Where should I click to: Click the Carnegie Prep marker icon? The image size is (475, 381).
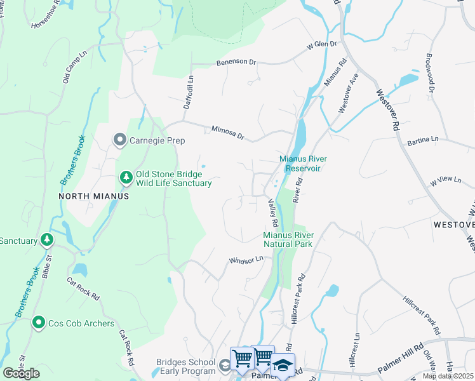click(119, 140)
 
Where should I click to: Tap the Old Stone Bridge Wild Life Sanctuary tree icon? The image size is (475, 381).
click(126, 178)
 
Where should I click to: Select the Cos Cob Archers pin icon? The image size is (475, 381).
click(39, 323)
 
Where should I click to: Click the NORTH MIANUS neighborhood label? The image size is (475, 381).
click(93, 196)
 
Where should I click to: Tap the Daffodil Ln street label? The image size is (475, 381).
click(188, 92)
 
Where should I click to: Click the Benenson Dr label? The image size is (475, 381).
click(236, 63)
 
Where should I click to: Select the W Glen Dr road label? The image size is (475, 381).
click(321, 45)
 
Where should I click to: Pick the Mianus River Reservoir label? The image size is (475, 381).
click(300, 163)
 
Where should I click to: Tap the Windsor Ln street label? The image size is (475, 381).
click(246, 260)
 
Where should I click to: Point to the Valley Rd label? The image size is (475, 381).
click(273, 212)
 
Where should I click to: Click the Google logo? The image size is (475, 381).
click(21, 373)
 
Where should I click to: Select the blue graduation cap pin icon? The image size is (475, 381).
click(283, 366)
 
